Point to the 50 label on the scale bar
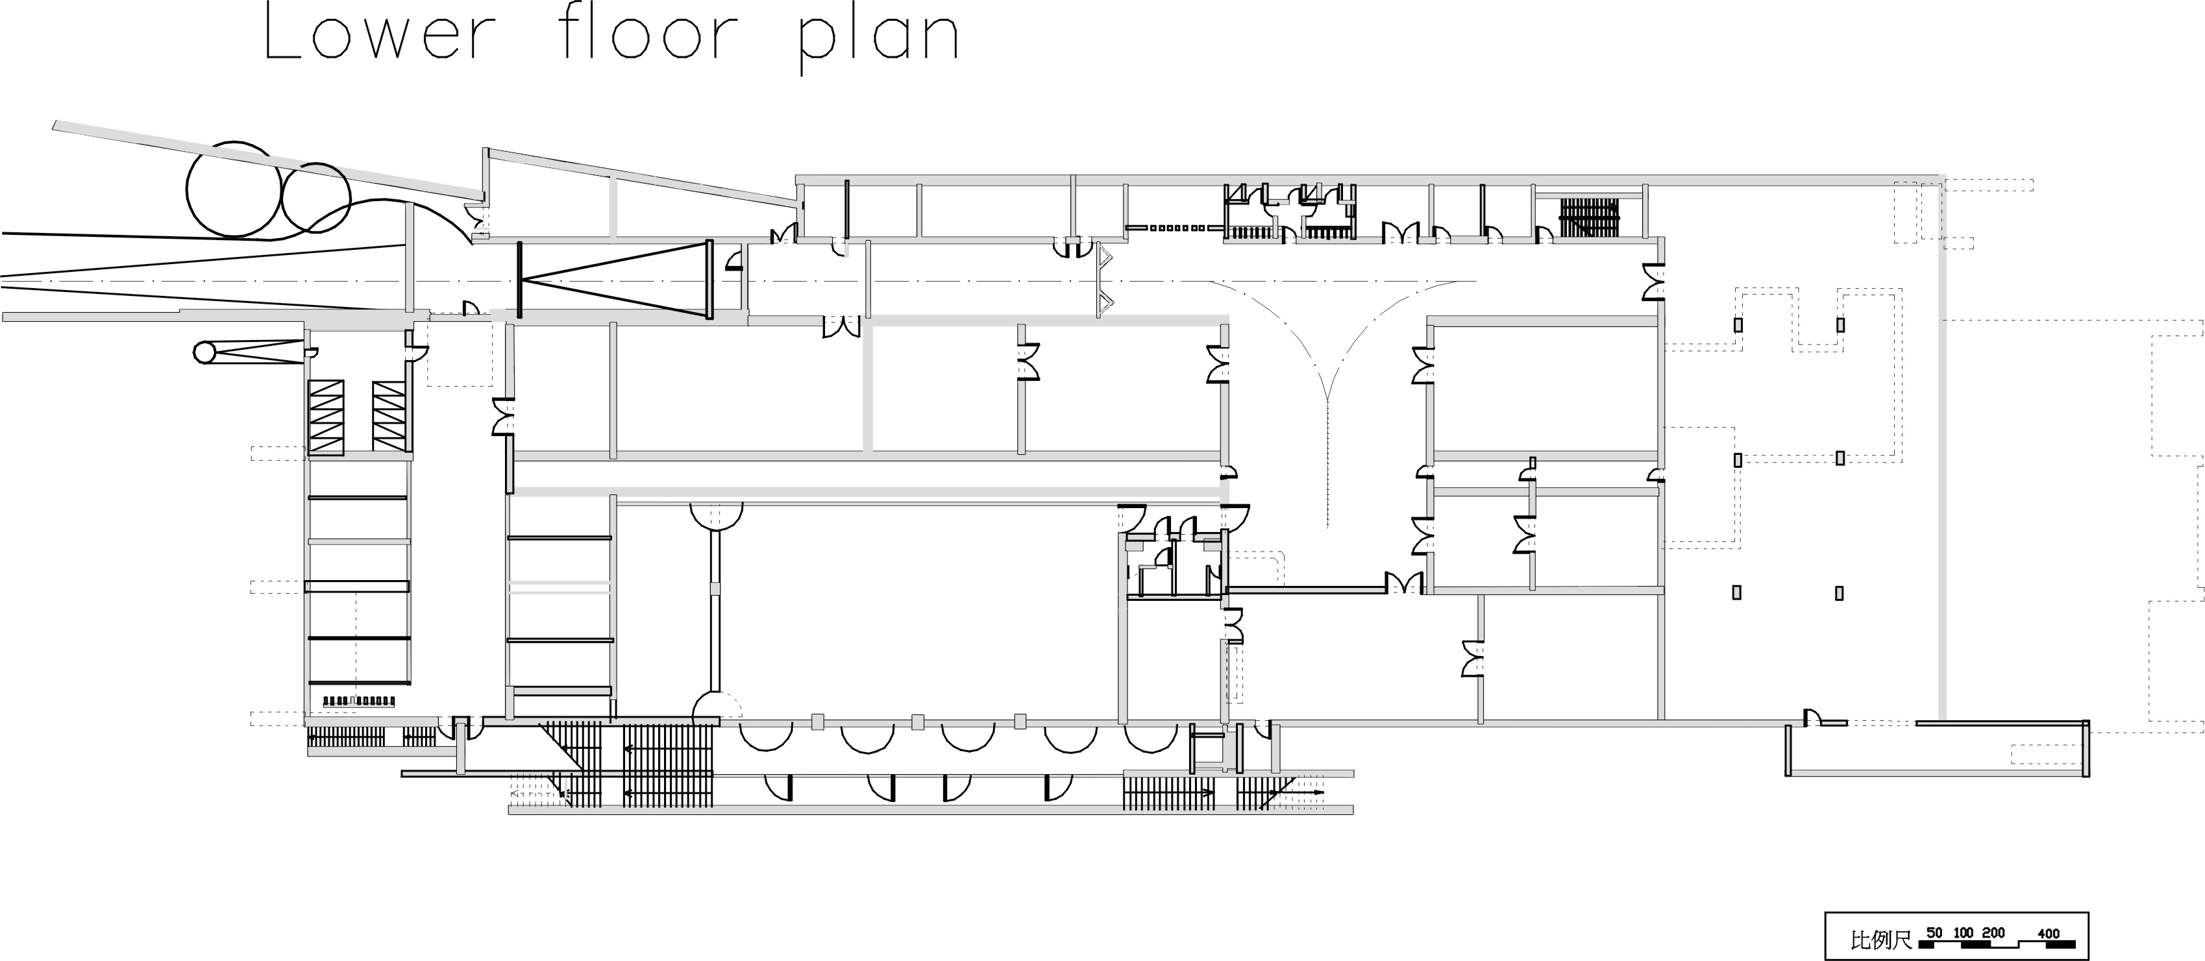point(1934,932)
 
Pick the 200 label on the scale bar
point(1993,932)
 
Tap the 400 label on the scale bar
point(2049,932)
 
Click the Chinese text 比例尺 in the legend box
point(1880,940)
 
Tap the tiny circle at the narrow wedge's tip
point(204,352)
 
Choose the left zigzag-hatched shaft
point(326,417)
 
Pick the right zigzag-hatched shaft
point(389,417)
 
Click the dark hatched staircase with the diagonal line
point(1590,217)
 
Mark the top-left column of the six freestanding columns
point(1738,325)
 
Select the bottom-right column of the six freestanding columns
point(1840,592)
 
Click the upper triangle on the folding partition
point(1105,255)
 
